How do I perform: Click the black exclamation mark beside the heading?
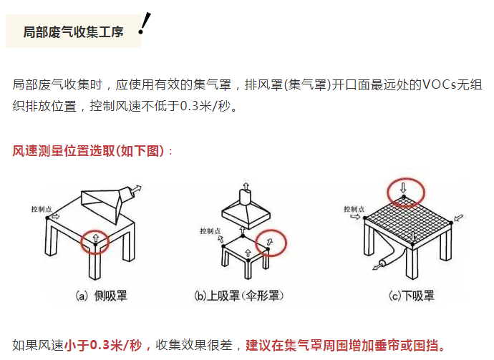145,24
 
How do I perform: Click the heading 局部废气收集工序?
74,32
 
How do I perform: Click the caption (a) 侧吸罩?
101,296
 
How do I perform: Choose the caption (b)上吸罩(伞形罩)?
239,296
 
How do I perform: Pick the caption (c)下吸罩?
412,296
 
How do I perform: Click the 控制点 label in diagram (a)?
42,209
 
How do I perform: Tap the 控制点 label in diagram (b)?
210,231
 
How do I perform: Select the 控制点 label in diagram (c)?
354,209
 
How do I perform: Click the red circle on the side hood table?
81,242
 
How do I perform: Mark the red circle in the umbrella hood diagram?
256,243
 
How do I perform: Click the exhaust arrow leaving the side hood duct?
137,189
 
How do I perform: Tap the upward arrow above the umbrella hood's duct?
246,185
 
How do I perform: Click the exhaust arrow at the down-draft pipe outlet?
376,268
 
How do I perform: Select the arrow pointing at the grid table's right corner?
459,218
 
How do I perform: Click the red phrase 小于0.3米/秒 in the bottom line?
103,345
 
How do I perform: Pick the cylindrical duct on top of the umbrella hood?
246,198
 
